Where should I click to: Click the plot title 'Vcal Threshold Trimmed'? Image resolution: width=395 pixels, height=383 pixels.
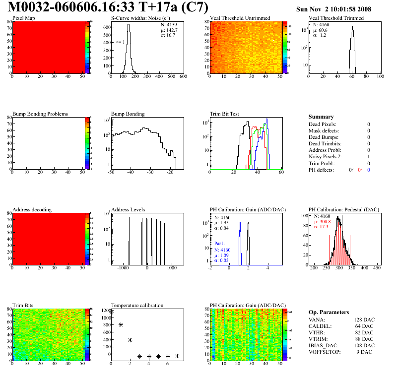point(336,18)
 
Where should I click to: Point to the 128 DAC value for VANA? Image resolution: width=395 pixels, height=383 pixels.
point(364,319)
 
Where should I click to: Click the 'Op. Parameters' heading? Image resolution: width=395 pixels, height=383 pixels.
point(329,312)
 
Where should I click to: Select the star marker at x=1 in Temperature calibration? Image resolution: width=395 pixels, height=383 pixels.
point(121,324)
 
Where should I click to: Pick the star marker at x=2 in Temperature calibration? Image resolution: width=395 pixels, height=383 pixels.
point(130,340)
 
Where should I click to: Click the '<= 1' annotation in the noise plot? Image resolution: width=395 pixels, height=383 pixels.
point(120,42)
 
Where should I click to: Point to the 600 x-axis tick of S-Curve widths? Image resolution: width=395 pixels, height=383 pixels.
point(183,77)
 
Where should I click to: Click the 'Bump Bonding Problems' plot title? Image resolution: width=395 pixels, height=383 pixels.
point(40,114)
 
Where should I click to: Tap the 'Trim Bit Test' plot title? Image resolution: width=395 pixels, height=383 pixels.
point(224,114)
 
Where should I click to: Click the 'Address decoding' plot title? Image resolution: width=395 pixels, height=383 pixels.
point(32,209)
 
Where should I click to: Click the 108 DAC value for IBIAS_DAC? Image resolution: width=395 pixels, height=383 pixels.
point(364,345)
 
